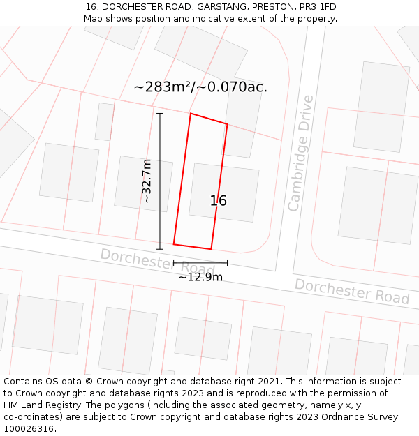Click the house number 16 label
pyautogui.click(x=218, y=201)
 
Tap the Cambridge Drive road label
pyautogui.click(x=301, y=153)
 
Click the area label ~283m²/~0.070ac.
pyautogui.click(x=200, y=87)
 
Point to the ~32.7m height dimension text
pyautogui.click(x=147, y=181)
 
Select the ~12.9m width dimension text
pyautogui.click(x=200, y=277)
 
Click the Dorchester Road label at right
pyautogui.click(x=351, y=291)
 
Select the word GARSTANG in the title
pyautogui.click(x=221, y=7)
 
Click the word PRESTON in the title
pyautogui.click(x=272, y=7)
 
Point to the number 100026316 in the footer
pyautogui.click(x=29, y=428)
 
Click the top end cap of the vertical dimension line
pyautogui.click(x=160, y=113)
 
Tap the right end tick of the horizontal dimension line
pyautogui.click(x=227, y=263)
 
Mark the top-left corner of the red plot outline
pyautogui.click(x=191, y=113)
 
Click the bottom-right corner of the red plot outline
pyautogui.click(x=211, y=249)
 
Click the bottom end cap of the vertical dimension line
pyautogui.click(x=160, y=248)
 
